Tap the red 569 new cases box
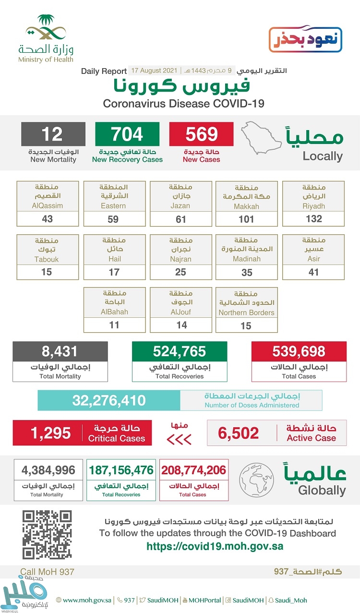click(x=201, y=134)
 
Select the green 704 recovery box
click(x=127, y=134)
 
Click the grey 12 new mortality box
click(x=53, y=134)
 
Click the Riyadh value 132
click(x=313, y=219)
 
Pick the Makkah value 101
click(x=247, y=219)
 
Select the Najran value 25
click(x=180, y=272)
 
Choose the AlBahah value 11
click(x=114, y=325)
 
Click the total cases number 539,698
click(x=299, y=351)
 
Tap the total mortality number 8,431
click(x=60, y=351)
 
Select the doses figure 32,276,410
click(x=109, y=400)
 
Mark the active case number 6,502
click(x=238, y=433)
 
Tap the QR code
click(x=47, y=535)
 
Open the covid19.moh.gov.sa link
click(x=215, y=546)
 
